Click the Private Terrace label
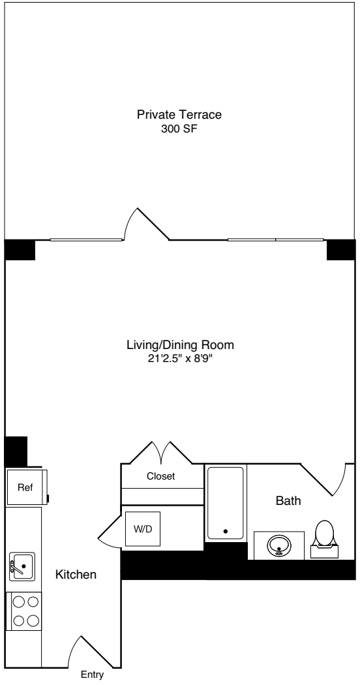[x=179, y=115]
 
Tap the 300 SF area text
[x=179, y=129]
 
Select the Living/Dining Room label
[x=180, y=344]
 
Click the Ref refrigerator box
[x=24, y=487]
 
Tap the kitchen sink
[x=22, y=566]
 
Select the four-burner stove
[x=23, y=611]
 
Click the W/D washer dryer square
[x=142, y=529]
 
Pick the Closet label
[x=160, y=476]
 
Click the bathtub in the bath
[x=226, y=502]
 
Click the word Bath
[x=288, y=501]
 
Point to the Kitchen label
[x=76, y=575]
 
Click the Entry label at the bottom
[x=93, y=676]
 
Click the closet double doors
[x=161, y=452]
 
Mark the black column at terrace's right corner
[x=340, y=249]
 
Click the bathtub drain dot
[x=226, y=531]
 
